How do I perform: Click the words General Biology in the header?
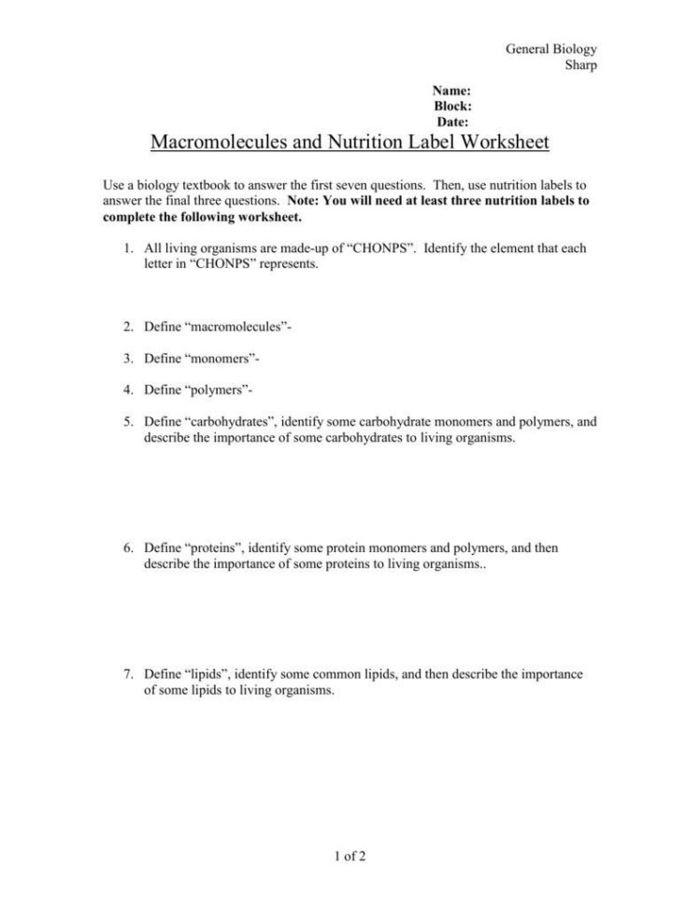pos(550,49)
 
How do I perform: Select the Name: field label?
pos(450,91)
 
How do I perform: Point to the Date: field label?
pos(452,121)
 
